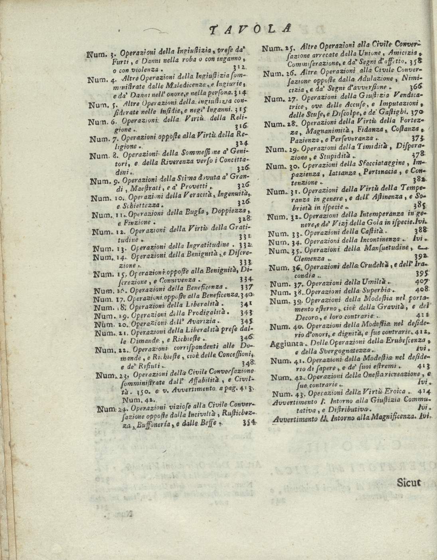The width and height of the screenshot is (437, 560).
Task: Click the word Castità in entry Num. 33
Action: pos(372,232)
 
